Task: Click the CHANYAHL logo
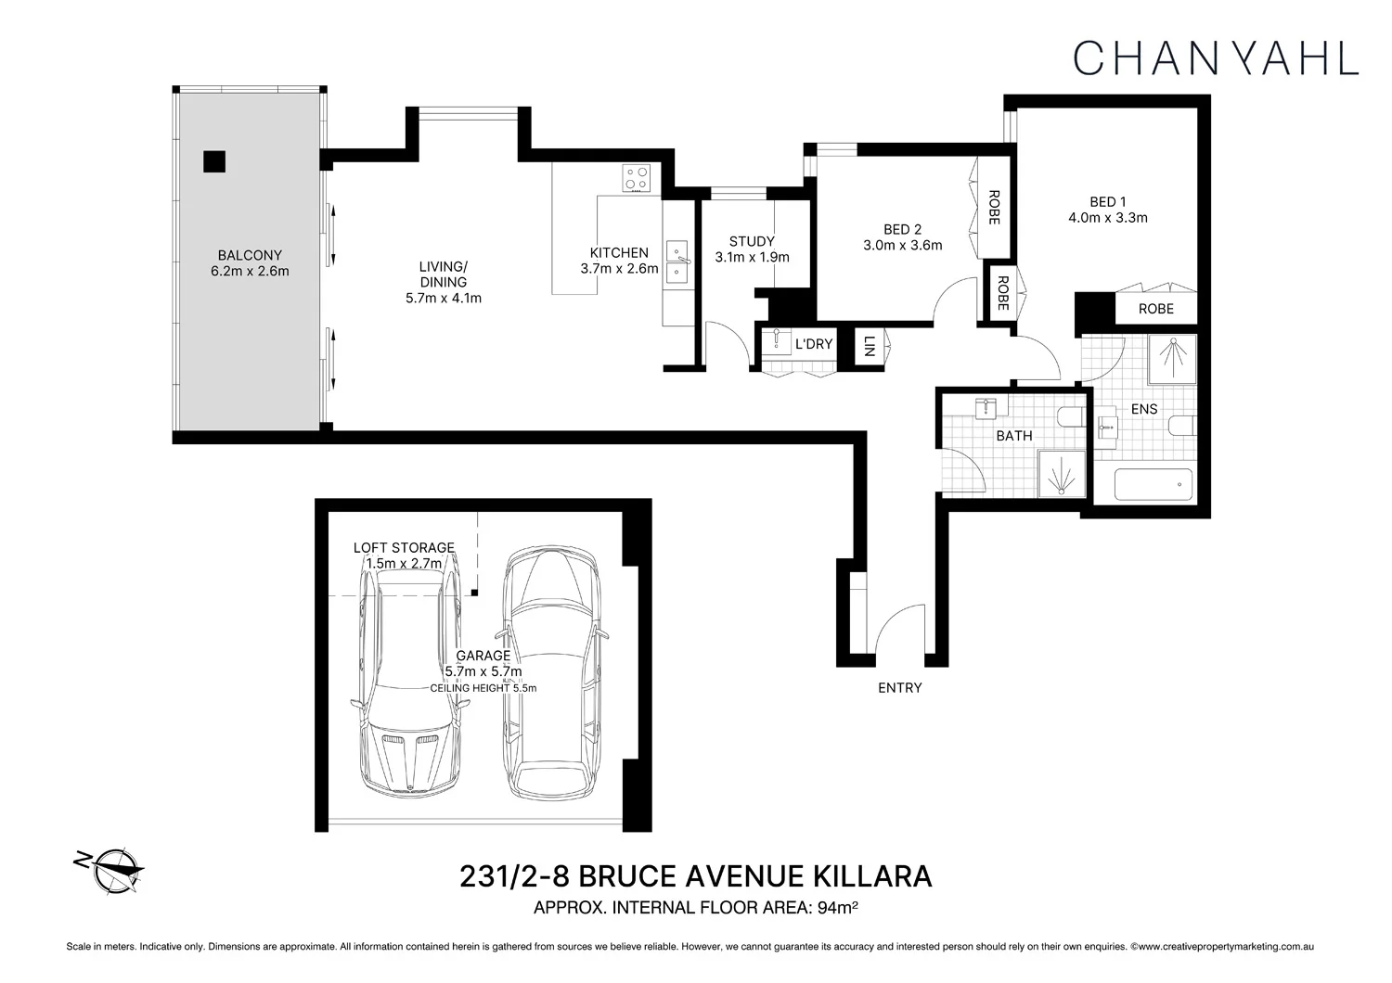point(1216,57)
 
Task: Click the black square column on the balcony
point(214,161)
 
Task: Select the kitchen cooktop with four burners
point(637,178)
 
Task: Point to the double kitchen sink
point(676,261)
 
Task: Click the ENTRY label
point(899,688)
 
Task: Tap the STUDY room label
point(752,241)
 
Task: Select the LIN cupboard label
point(869,347)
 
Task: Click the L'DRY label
point(814,344)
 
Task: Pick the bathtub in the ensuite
point(1154,485)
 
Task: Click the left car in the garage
point(410,682)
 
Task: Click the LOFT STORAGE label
point(404,548)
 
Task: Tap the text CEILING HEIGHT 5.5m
point(483,688)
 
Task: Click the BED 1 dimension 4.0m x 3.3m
point(1107,218)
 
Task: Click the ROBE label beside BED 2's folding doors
point(993,208)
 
